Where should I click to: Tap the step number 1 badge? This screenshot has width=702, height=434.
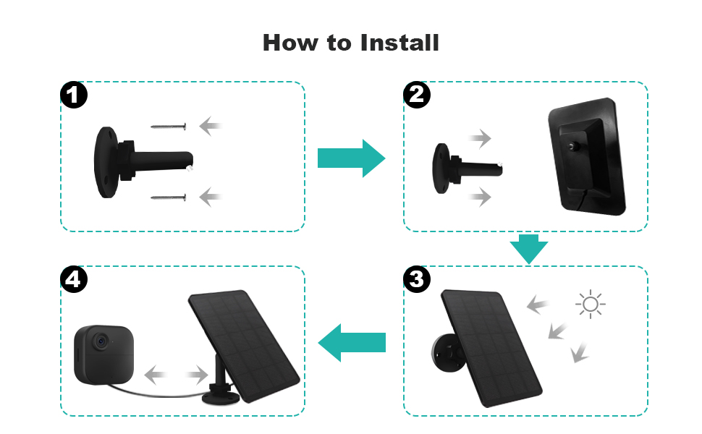click(x=74, y=95)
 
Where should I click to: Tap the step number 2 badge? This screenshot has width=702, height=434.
click(x=416, y=95)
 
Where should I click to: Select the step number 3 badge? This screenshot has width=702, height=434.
click(x=416, y=279)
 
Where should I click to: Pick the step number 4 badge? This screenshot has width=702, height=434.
click(x=74, y=279)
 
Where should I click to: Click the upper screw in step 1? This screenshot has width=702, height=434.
click(x=169, y=127)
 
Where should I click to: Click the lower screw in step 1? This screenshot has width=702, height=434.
click(x=169, y=197)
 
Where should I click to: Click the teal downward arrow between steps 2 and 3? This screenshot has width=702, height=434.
click(x=528, y=249)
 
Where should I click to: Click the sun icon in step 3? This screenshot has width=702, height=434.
click(x=590, y=304)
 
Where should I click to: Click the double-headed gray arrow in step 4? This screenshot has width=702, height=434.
click(x=177, y=375)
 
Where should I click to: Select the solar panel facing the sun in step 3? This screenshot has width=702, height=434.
click(x=491, y=347)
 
